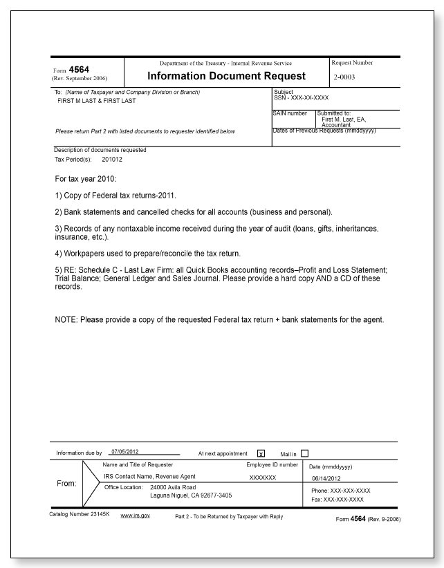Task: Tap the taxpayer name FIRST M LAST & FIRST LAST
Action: tap(97, 100)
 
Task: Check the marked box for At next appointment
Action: tap(261, 453)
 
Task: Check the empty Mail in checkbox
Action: tap(305, 453)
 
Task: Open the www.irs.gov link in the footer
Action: tap(137, 516)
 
